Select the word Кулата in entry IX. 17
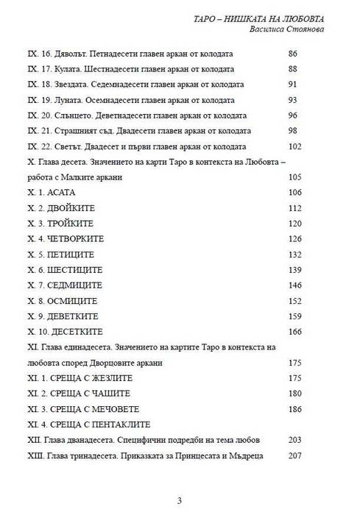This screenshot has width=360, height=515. click(x=66, y=70)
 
